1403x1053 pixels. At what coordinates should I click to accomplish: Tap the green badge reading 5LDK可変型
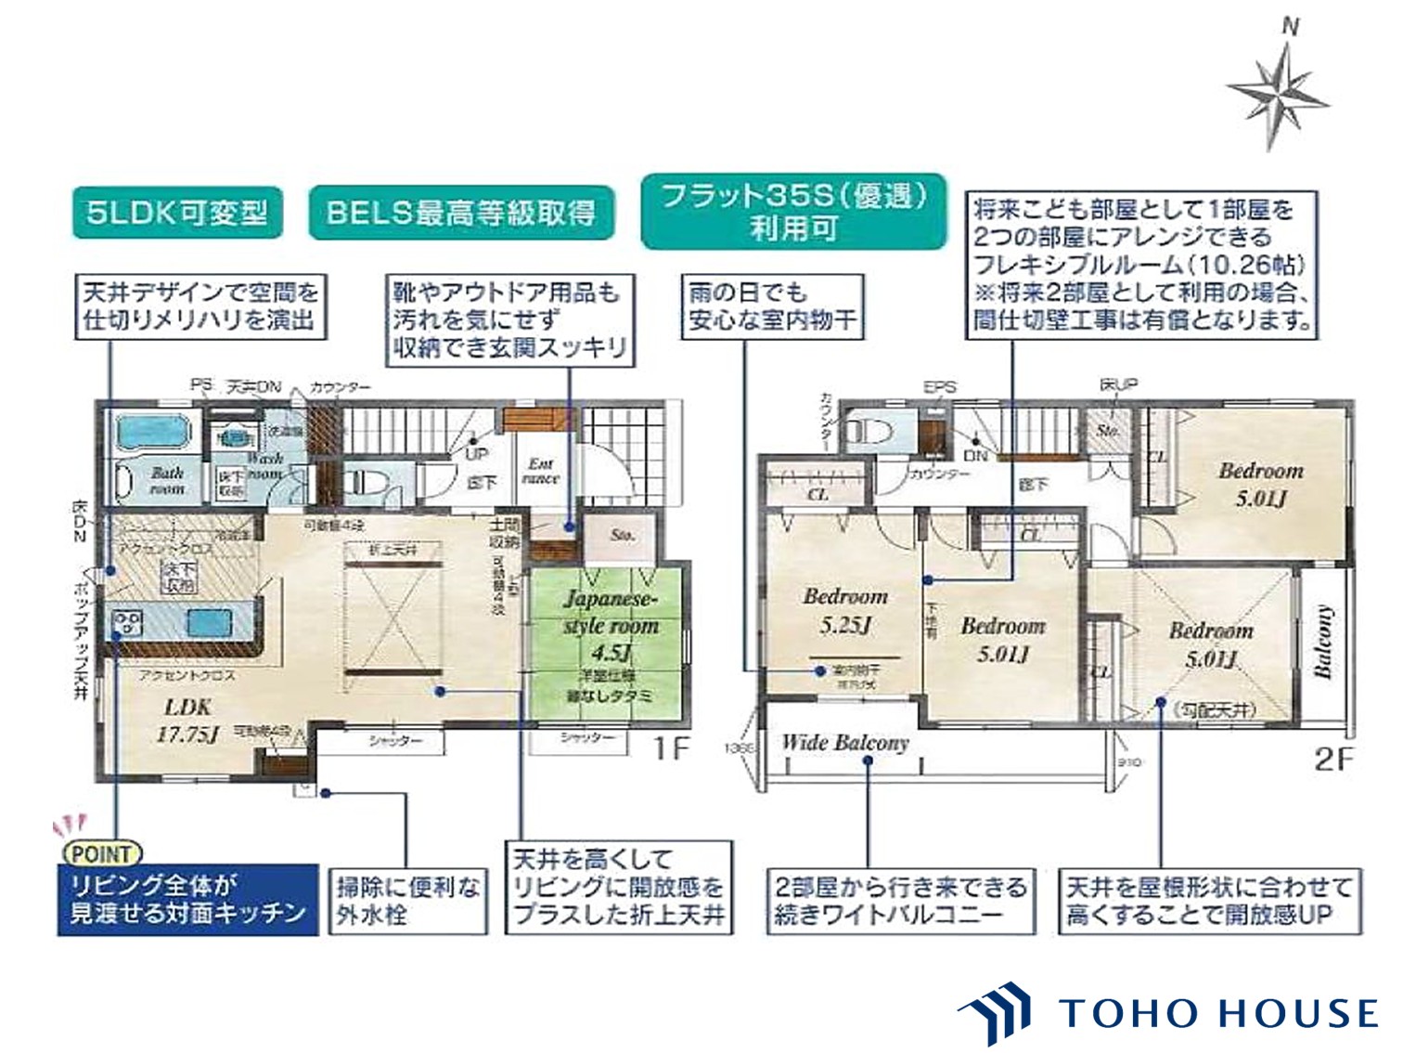[x=177, y=213]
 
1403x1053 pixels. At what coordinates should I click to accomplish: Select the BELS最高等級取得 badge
[x=461, y=213]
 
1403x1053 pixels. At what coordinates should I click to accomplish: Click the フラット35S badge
[x=793, y=212]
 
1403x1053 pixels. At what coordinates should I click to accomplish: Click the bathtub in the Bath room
[x=153, y=433]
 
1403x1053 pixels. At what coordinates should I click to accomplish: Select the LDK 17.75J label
[x=187, y=721]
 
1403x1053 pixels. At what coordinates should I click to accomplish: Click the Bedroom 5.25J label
[x=844, y=610]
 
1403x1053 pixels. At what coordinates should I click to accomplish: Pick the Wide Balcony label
[x=844, y=743]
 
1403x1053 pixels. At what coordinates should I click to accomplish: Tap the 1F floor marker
[x=670, y=748]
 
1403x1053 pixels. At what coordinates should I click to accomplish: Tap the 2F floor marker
[x=1333, y=760]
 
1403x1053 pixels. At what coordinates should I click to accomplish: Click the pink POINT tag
[x=101, y=853]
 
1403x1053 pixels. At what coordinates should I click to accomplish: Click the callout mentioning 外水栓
[x=407, y=900]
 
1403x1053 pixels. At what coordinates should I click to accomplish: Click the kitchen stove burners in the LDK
[x=128, y=620]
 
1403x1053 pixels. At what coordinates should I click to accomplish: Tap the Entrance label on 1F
[x=540, y=471]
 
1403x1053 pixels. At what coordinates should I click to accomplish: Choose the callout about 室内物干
[x=772, y=306]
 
